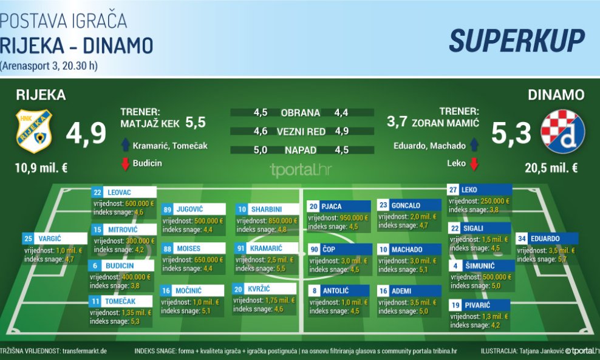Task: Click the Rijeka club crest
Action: click(33, 131)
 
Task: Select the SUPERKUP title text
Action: click(517, 40)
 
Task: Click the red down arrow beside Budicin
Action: click(125, 164)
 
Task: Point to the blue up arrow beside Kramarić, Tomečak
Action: click(125, 145)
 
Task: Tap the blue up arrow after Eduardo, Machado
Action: click(475, 145)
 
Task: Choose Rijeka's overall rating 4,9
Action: click(86, 134)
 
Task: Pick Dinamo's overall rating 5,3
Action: click(511, 134)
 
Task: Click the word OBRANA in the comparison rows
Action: click(300, 113)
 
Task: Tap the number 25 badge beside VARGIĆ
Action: click(28, 239)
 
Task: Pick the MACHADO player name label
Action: click(407, 250)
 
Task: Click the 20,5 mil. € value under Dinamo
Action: click(553, 168)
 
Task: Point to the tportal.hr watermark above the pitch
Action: click(302, 170)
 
